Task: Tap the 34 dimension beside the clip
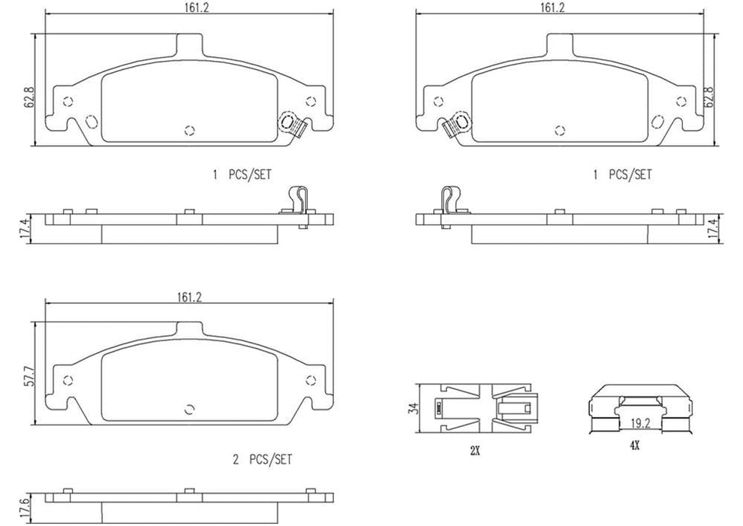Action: tap(412, 409)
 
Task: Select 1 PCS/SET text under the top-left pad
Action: tap(242, 174)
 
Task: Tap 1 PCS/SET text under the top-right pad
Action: tap(622, 174)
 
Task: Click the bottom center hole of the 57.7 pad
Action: tap(189, 409)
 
